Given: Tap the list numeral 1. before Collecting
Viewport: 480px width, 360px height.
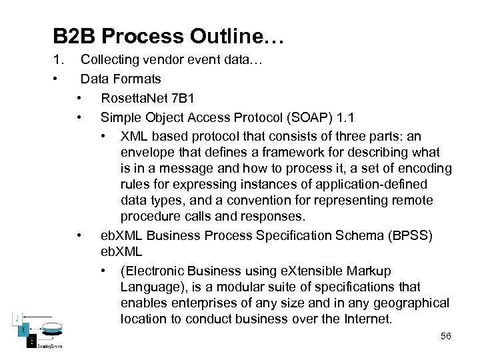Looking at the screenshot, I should pyautogui.click(x=59, y=61).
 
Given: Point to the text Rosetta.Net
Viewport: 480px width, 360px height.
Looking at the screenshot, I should pyautogui.click(x=135, y=98).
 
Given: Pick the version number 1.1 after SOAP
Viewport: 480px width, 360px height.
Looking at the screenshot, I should pyautogui.click(x=347, y=117).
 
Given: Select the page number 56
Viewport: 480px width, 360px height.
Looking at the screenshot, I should pyautogui.click(x=445, y=336).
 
